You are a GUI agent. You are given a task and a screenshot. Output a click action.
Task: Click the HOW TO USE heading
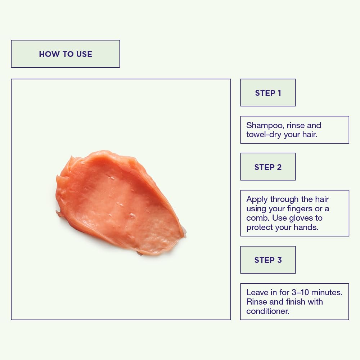[66, 54]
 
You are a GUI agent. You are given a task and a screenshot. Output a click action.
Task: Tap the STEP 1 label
[268, 93]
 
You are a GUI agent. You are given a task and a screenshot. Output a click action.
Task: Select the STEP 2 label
[268, 167]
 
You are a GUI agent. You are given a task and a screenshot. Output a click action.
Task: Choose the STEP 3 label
[268, 260]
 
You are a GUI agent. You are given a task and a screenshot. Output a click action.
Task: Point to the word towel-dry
[264, 135]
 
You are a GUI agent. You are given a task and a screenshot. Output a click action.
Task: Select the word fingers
[297, 209]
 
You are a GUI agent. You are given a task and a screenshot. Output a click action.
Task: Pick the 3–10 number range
[300, 292]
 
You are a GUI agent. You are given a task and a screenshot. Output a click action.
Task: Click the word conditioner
[268, 311]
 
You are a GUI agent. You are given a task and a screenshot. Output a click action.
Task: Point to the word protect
[260, 228]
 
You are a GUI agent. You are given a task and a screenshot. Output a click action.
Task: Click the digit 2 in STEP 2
[279, 167]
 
